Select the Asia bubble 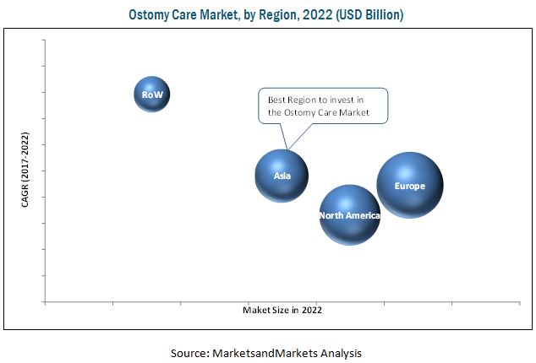(x=282, y=176)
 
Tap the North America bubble (x=349, y=215)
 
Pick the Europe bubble (x=409, y=185)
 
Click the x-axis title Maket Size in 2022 (x=282, y=310)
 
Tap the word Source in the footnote (x=192, y=352)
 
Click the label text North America (x=349, y=215)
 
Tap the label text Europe (x=409, y=185)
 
